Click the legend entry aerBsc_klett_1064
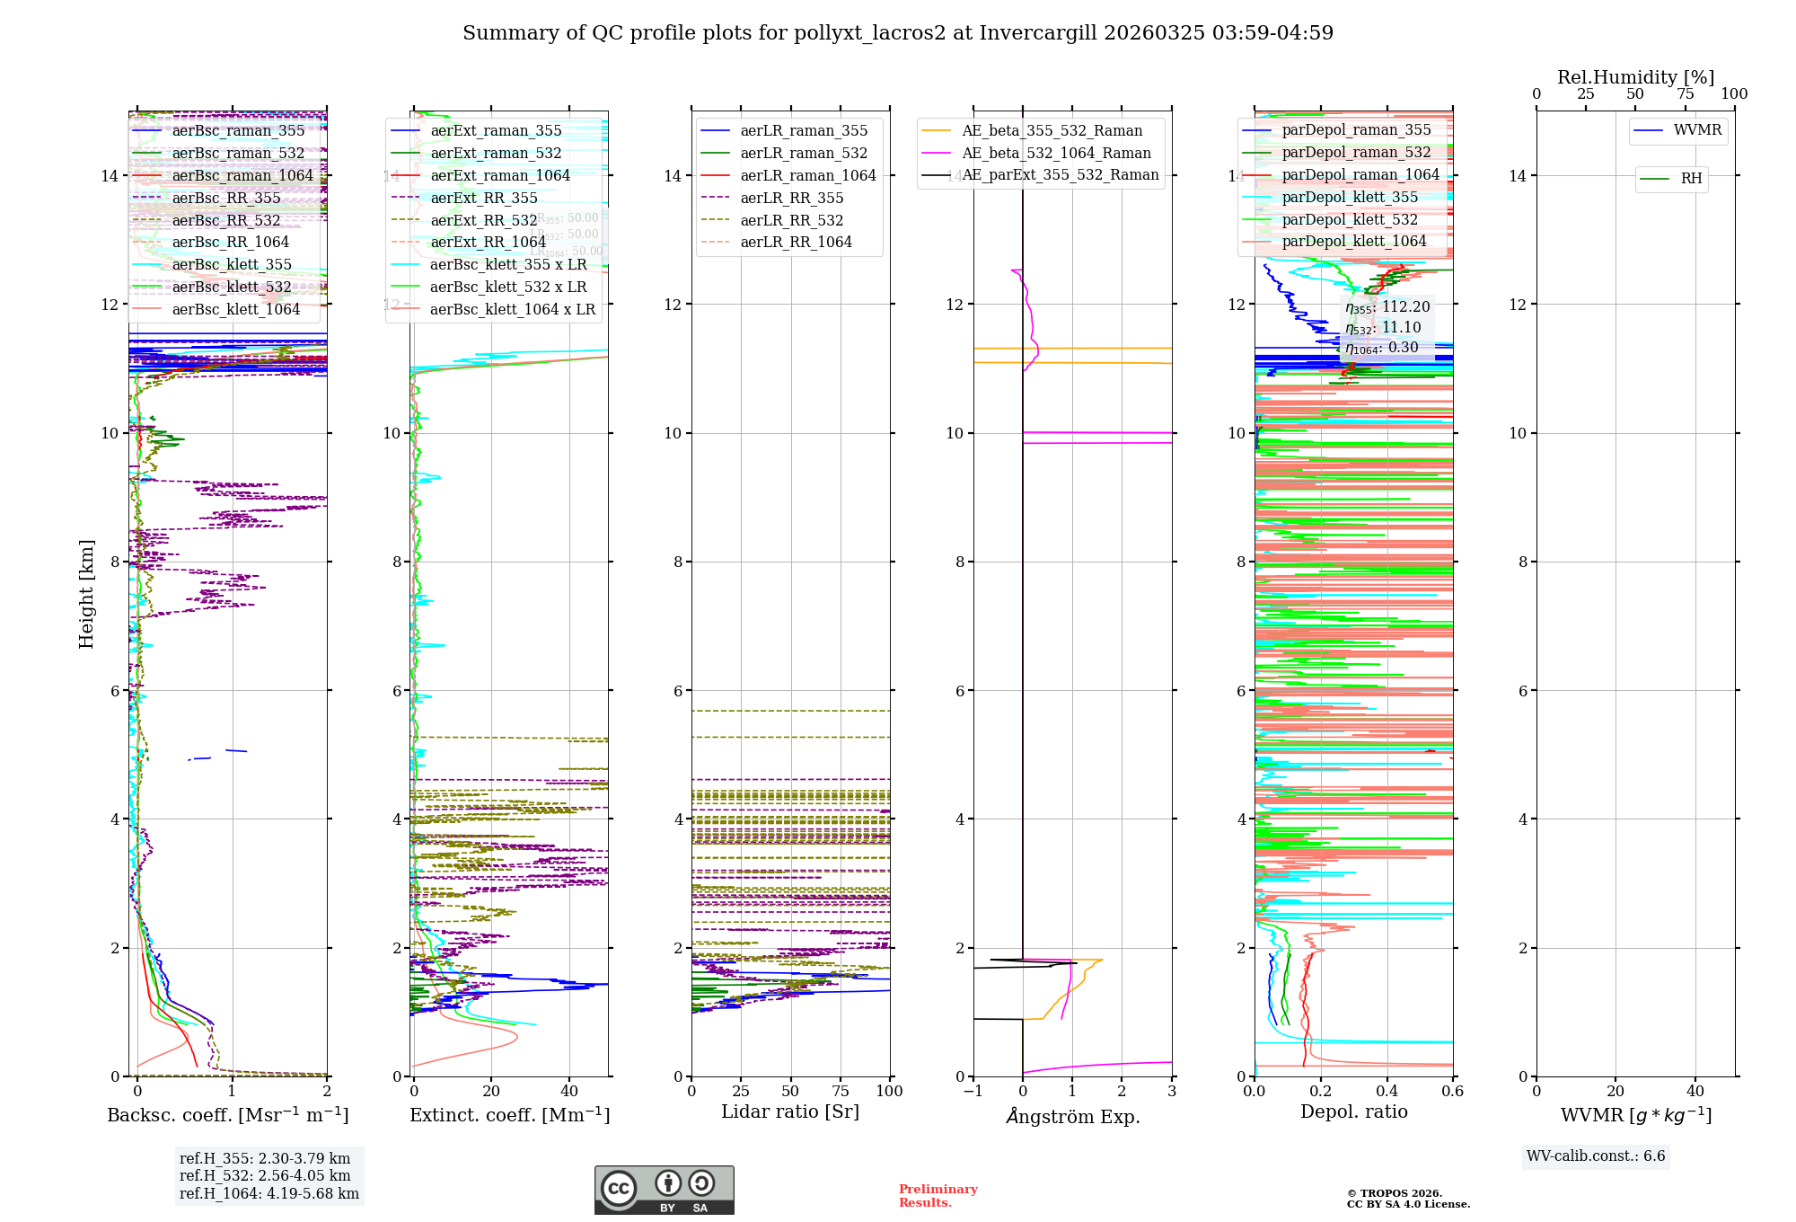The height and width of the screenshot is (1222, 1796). (x=236, y=309)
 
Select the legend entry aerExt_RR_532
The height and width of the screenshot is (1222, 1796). (x=484, y=220)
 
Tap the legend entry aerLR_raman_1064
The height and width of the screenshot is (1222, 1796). (x=807, y=175)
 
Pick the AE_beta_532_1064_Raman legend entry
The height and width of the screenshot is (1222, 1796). (x=1056, y=153)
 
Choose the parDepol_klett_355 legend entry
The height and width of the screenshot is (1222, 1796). (x=1350, y=197)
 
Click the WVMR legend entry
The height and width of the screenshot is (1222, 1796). (x=1697, y=130)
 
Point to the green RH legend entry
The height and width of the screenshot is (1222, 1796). (x=1691, y=179)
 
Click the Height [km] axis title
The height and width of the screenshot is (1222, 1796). (x=86, y=594)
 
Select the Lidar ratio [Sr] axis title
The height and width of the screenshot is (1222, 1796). (x=790, y=1111)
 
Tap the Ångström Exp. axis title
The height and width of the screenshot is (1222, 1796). (x=1072, y=1116)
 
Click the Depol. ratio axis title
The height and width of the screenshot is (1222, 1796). (x=1353, y=1111)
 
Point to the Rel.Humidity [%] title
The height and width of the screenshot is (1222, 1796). (x=1635, y=77)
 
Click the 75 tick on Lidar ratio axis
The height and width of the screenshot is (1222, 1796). (x=841, y=1091)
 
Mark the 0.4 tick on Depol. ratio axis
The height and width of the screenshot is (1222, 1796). (x=1387, y=1091)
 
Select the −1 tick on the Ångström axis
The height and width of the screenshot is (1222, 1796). (x=973, y=1091)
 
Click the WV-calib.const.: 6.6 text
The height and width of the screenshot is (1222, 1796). (x=1596, y=1156)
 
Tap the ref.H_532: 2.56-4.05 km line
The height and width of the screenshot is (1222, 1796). (x=265, y=1175)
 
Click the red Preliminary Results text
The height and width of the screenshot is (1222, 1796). (x=938, y=1195)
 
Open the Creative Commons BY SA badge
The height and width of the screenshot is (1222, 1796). (x=664, y=1190)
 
